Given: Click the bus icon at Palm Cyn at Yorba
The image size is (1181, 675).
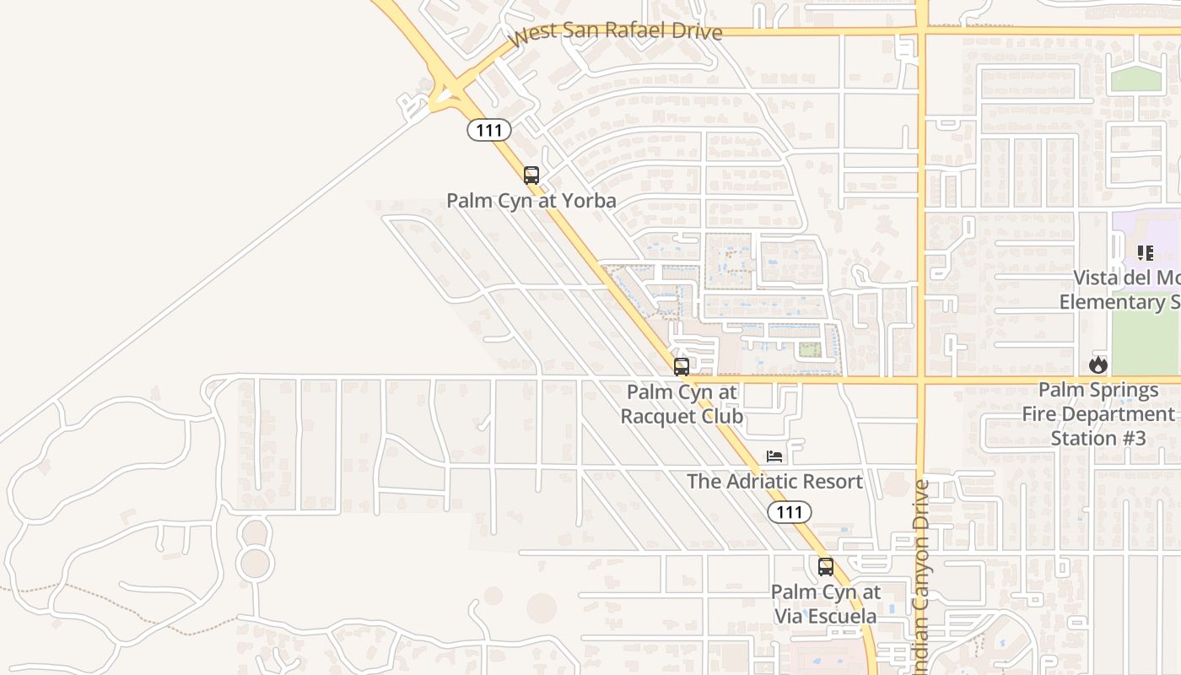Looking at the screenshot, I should (x=531, y=175).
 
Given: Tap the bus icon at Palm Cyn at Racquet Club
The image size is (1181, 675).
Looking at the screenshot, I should (x=681, y=367).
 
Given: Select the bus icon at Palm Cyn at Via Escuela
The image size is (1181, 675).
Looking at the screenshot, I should (x=826, y=567).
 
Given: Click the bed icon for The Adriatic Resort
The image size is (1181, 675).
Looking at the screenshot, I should (x=774, y=456).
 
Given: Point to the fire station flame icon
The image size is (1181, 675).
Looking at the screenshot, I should (x=1097, y=364).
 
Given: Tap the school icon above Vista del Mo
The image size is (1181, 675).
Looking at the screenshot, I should (x=1145, y=252).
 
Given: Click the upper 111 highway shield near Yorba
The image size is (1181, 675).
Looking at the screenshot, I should (x=489, y=130).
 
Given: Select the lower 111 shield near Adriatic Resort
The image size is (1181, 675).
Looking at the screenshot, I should (x=790, y=511).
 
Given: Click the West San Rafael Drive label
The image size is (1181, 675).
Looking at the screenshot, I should (x=616, y=33).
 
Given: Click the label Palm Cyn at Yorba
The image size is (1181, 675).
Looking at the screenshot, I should (x=531, y=201).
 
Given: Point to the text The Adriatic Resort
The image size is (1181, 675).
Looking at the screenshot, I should (x=774, y=482).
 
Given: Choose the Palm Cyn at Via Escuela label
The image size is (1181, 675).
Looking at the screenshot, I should (x=826, y=604).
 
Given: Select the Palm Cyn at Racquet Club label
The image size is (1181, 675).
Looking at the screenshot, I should (x=682, y=404).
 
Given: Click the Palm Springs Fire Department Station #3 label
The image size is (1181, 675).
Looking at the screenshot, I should (x=1097, y=414).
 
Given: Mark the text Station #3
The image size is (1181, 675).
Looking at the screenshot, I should (x=1097, y=439).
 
